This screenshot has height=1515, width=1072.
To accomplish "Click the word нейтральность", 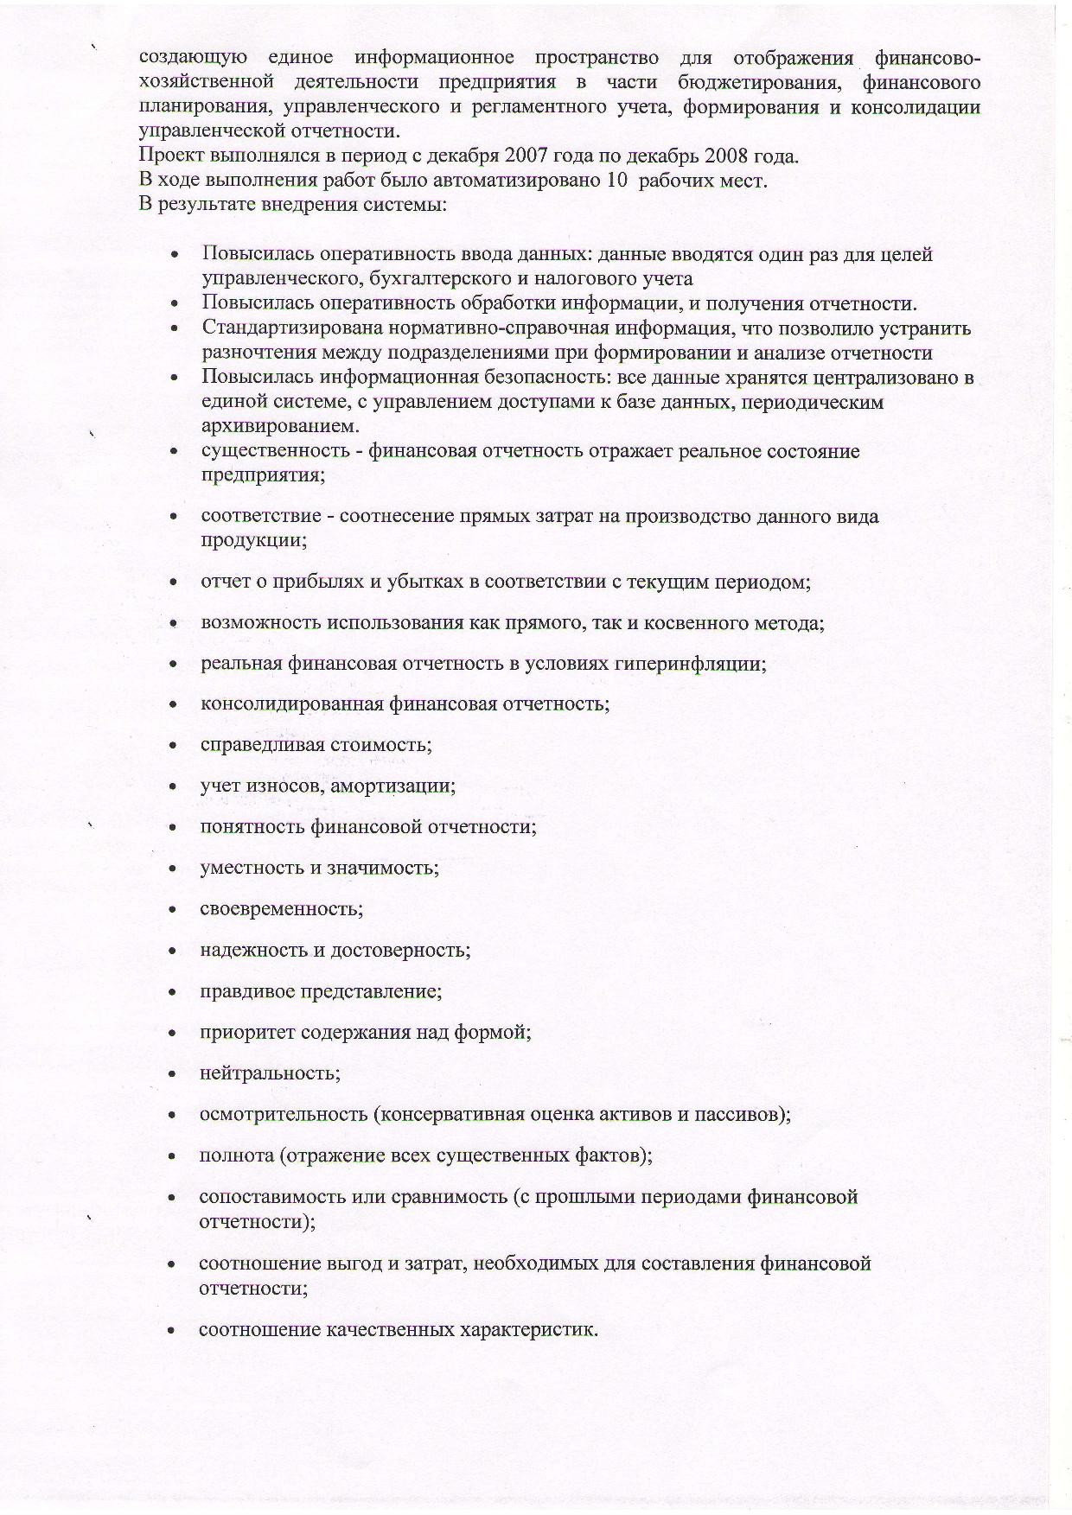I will coord(269,1073).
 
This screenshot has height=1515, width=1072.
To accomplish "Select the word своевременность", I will coord(281,909).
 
